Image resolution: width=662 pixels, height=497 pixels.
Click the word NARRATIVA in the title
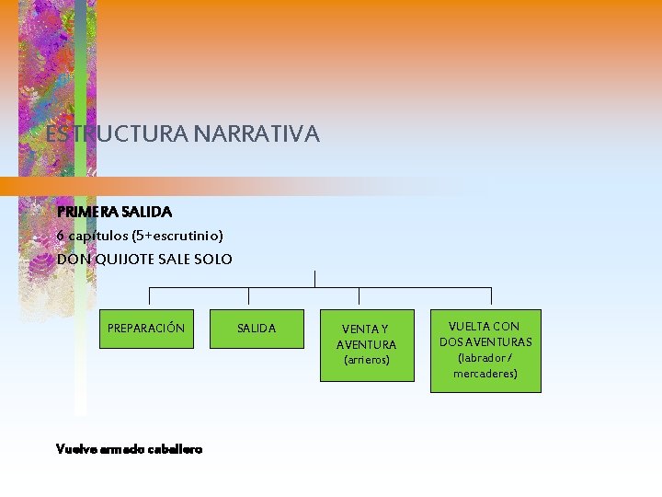[257, 134]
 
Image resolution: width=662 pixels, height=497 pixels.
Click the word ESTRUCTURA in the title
[117, 134]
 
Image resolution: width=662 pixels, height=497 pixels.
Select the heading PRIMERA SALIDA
[114, 212]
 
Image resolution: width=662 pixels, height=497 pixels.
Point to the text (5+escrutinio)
[177, 236]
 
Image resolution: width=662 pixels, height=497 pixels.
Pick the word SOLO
[213, 260]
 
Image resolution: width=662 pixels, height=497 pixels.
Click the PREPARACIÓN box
[146, 329]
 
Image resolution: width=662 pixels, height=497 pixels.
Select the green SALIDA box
[257, 329]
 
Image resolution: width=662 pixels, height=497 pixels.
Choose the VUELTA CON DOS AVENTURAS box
[485, 351]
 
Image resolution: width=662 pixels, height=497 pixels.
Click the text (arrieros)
[367, 360]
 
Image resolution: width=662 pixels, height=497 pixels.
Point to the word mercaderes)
[485, 374]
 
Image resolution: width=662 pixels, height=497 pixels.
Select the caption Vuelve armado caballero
[129, 449]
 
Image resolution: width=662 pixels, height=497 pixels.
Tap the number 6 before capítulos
[61, 236]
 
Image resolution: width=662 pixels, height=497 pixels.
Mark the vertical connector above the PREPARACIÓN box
[150, 295]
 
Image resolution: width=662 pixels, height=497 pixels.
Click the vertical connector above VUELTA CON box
[491, 295]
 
